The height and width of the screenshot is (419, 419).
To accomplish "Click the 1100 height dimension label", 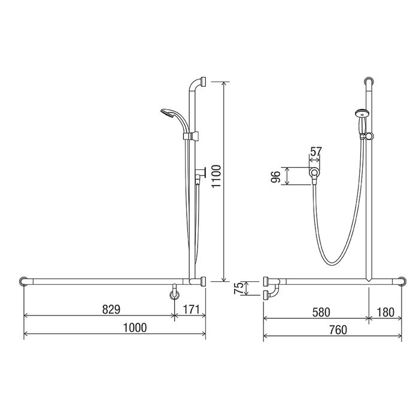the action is click(217, 177).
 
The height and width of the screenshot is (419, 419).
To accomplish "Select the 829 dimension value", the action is click(111, 309).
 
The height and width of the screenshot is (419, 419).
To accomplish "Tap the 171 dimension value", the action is click(192, 309).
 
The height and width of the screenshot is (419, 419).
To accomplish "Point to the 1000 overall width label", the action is click(135, 327).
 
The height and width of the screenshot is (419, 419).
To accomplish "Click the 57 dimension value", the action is click(315, 151).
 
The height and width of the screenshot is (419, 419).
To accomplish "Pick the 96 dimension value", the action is click(275, 177).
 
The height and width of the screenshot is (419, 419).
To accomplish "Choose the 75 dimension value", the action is click(239, 288).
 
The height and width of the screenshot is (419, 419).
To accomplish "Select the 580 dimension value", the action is click(321, 312).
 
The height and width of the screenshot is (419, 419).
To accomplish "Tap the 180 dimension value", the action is click(385, 312).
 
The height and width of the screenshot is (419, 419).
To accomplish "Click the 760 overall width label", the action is click(338, 330).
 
